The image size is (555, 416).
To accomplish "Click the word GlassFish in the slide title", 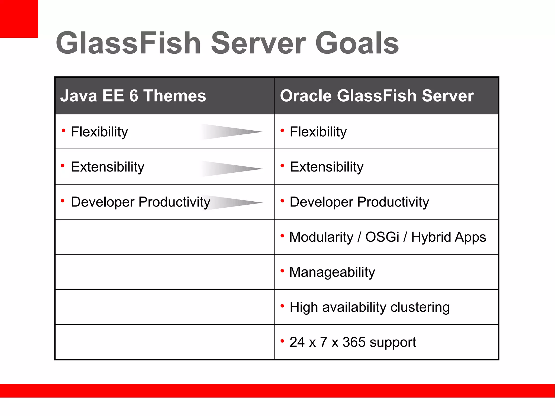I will coord(128,43).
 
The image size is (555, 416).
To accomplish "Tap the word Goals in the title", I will coord(357,43).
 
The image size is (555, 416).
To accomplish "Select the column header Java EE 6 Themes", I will coord(133,96).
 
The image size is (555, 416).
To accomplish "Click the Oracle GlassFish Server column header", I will coord(377,96).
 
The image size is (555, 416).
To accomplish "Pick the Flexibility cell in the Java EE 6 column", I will coord(99,132).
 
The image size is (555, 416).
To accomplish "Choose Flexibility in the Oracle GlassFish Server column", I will coord(318,132).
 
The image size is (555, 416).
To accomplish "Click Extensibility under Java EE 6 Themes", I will coord(107,167).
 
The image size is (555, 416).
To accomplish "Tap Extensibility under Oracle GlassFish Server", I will coord(327,167).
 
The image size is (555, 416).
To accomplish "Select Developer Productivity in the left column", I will coord(140,202).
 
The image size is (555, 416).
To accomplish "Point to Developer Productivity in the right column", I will coord(359,202).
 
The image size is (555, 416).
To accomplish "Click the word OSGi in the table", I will coord(382,237).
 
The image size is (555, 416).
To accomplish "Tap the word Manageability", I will coord(332,272).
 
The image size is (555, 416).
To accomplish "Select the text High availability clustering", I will coord(369,307).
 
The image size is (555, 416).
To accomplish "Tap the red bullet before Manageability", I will coord(282,271).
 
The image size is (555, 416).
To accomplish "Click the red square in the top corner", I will coord(19,19).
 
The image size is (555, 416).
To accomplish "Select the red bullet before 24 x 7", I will coord(282,341).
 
